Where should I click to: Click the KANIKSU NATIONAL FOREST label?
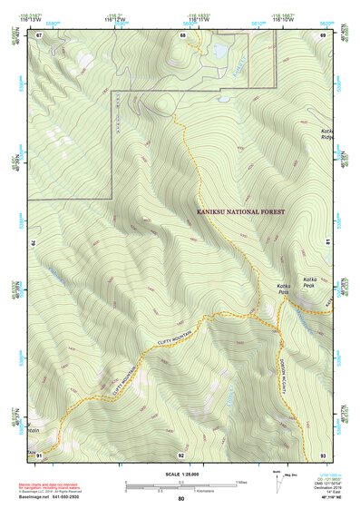(240, 211)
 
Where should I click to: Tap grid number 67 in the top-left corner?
(39, 34)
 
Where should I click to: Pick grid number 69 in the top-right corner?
(322, 34)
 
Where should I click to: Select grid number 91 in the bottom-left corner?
(39, 454)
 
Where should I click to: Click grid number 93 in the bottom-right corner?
(322, 454)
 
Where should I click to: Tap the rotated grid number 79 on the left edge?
(34, 243)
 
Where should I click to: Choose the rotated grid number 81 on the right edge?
(327, 243)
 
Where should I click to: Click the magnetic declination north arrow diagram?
(277, 482)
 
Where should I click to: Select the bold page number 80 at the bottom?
(181, 499)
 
